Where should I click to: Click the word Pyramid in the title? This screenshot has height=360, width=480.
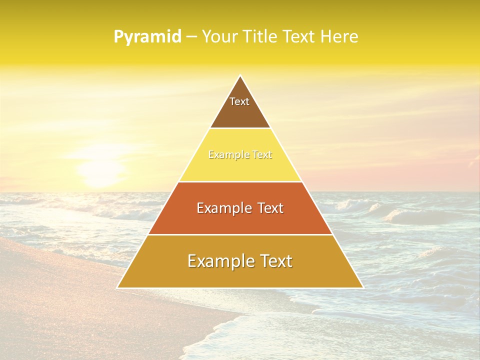click(x=147, y=36)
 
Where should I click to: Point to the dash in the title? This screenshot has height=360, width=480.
click(x=191, y=37)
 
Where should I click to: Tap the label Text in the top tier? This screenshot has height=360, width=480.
click(x=239, y=101)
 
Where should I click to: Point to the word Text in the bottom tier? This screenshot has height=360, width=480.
click(x=275, y=261)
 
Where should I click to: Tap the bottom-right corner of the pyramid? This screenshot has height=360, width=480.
click(x=362, y=287)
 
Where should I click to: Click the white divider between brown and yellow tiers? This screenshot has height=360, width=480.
click(x=240, y=128)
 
